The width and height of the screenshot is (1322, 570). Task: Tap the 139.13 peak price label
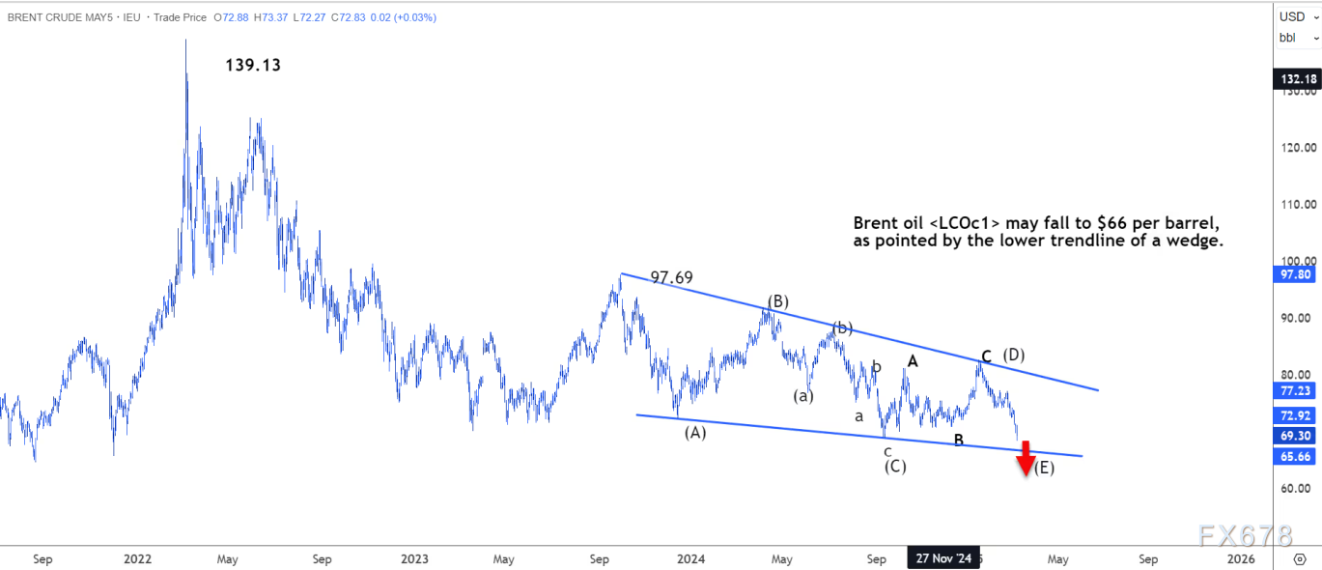253,66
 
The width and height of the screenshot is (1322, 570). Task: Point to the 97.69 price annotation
673,277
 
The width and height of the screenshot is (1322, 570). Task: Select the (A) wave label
695,433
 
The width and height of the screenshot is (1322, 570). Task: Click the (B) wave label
778,301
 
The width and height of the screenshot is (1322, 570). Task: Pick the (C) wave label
895,467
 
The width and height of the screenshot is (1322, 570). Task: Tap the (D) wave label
1013,355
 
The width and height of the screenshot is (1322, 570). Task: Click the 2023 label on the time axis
414,558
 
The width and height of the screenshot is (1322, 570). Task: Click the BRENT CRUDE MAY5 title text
59,17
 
